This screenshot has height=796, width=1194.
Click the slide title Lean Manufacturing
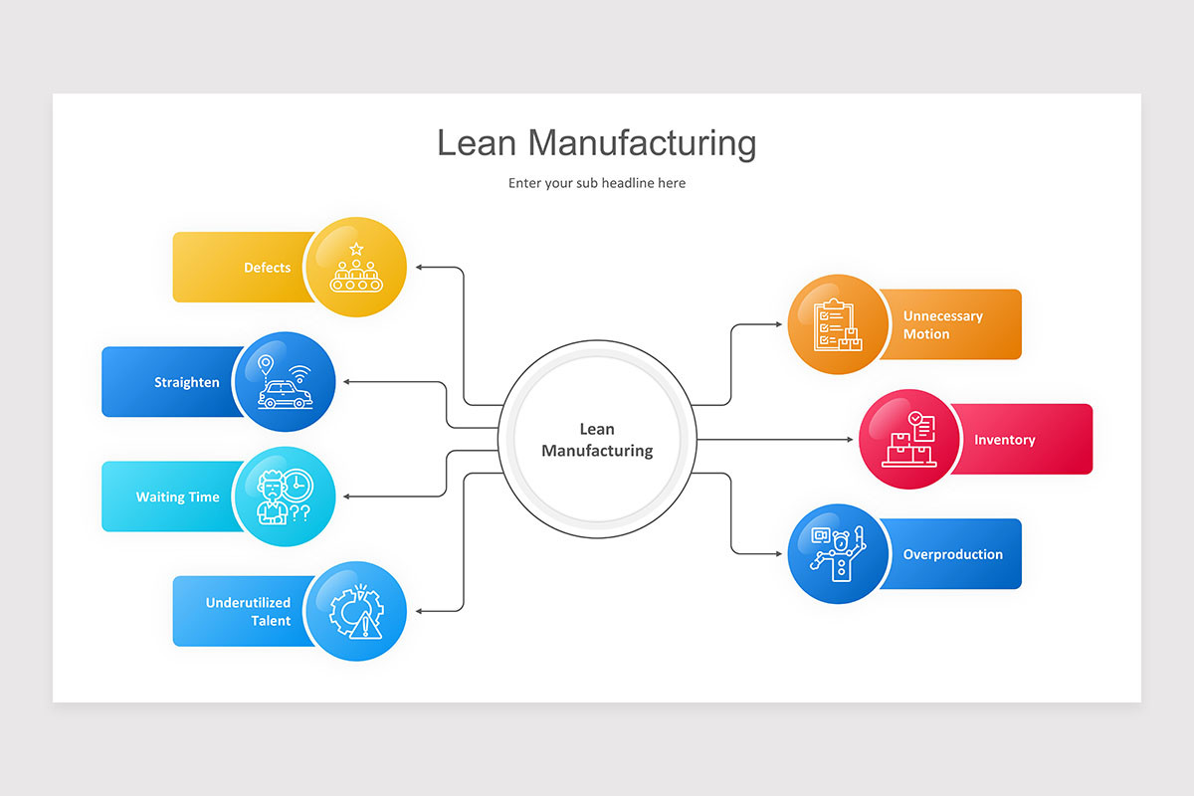pos(596,143)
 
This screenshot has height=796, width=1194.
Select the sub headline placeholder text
pos(596,183)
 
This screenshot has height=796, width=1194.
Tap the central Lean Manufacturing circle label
pos(597,440)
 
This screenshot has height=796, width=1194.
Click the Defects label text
pos(267,268)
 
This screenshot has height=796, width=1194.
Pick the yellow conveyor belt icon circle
pos(356,268)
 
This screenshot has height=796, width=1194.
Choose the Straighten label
pos(186,382)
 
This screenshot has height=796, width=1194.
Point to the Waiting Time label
pos(177,497)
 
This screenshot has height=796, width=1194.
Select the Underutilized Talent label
pos(248,611)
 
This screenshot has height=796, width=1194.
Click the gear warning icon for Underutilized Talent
pos(356,611)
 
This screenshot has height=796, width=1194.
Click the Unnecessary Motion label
pos(942,324)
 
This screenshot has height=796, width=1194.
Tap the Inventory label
pos(1004,440)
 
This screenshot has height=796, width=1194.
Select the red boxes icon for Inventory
pos(908,440)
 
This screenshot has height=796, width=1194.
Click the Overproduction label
pos(952,554)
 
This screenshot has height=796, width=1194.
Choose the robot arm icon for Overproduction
pos(837,554)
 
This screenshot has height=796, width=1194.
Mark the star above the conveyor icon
pos(356,249)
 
